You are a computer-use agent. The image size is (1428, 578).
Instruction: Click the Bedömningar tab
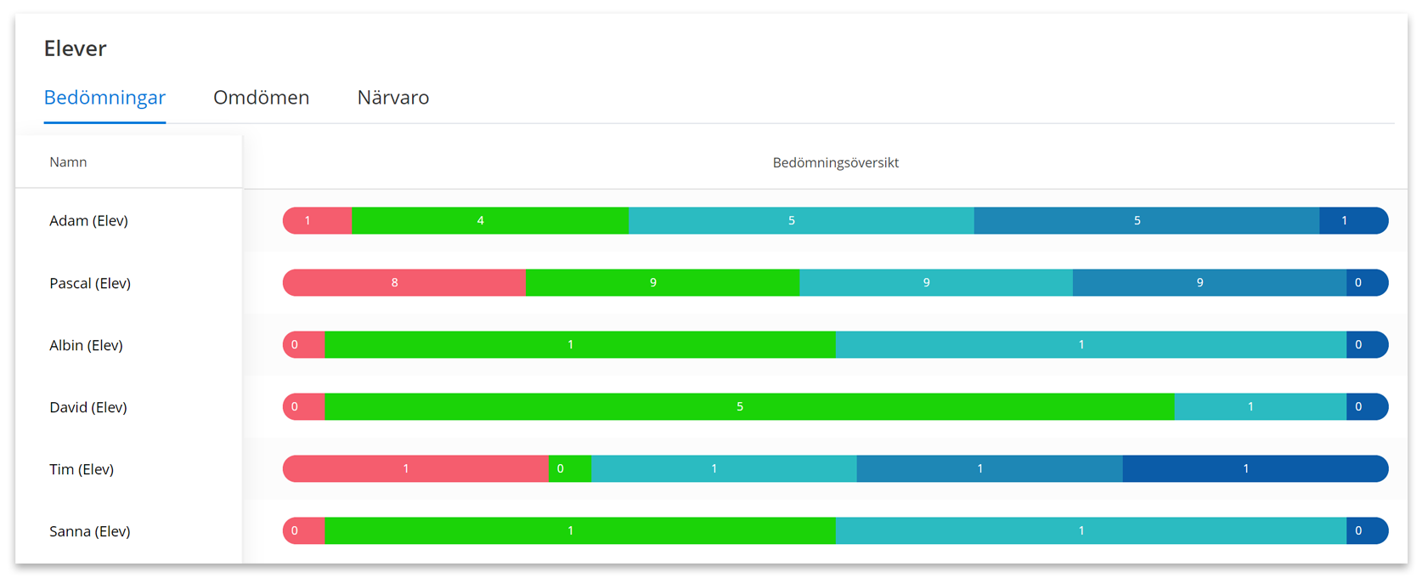(104, 98)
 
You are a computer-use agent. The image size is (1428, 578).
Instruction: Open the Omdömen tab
(262, 98)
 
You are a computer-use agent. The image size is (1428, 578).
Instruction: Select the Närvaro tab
(393, 98)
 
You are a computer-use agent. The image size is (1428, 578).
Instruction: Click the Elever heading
(76, 48)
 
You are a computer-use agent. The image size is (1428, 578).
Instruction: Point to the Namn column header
(68, 162)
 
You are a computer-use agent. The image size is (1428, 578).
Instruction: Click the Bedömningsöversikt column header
(836, 162)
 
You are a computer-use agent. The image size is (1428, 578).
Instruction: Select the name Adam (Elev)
(88, 221)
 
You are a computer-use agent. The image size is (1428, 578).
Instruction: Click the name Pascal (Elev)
(90, 283)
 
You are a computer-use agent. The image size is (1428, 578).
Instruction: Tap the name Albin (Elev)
(86, 345)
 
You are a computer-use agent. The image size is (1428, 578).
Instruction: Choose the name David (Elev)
(88, 407)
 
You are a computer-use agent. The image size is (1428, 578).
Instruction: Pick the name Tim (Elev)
(82, 469)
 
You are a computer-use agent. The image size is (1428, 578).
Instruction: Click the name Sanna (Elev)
(90, 531)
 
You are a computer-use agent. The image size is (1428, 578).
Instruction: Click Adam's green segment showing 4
(490, 221)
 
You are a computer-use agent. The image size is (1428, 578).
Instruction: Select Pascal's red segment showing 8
(404, 282)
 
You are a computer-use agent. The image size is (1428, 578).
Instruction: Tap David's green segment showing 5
(750, 406)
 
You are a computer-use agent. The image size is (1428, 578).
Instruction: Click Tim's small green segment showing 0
(570, 469)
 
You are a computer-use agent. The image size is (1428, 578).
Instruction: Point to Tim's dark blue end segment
(1256, 469)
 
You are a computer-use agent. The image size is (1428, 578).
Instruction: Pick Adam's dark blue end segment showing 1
(1354, 221)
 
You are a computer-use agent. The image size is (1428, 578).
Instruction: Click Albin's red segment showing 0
(304, 344)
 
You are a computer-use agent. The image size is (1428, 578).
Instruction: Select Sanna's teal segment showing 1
(1092, 530)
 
